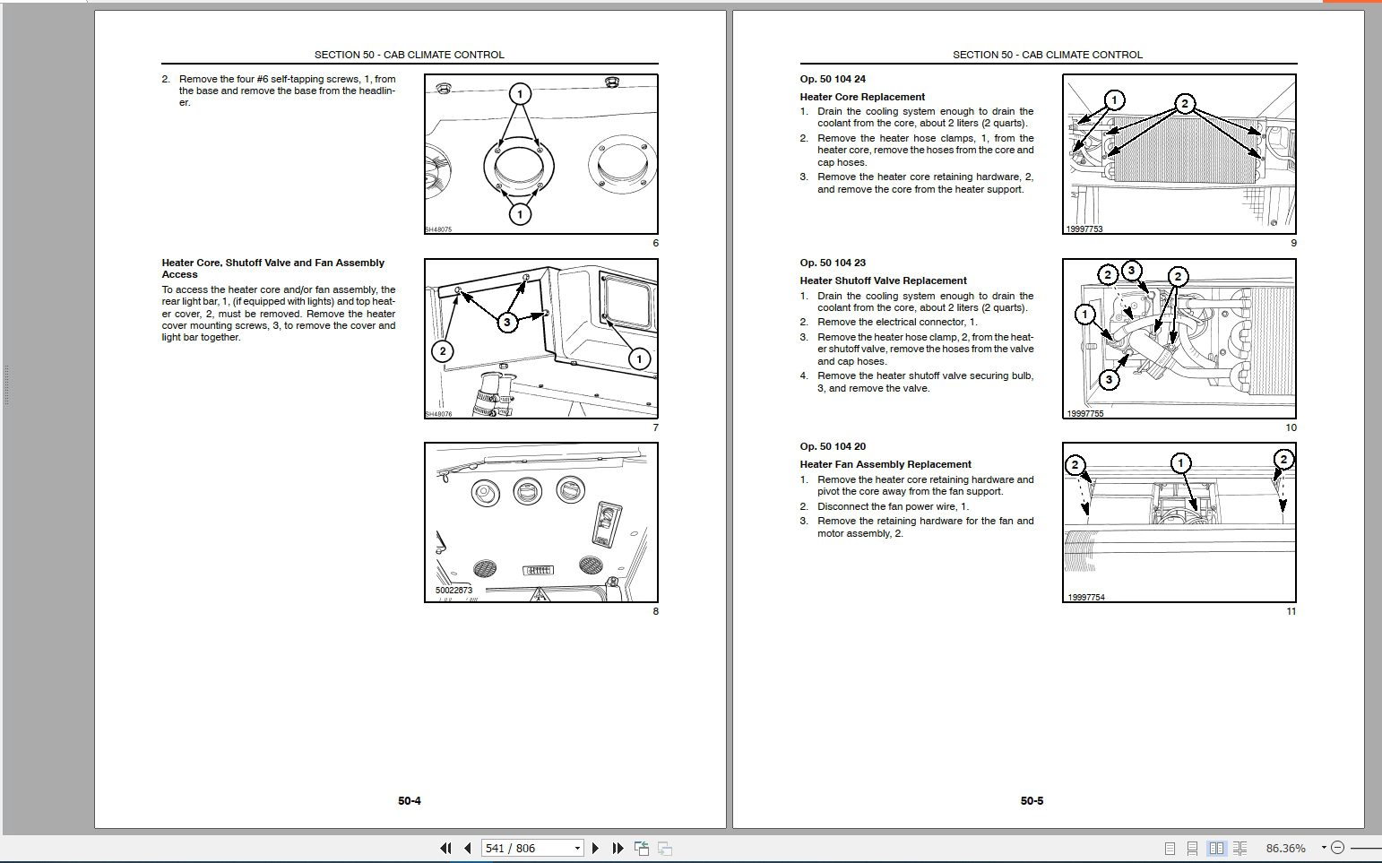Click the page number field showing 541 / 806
525,848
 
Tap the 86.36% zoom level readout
1285,848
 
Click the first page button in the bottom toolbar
445,848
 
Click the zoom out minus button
1337,848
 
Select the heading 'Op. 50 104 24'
833,79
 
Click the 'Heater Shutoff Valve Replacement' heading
883,280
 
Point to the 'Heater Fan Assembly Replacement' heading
885,464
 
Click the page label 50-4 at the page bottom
410,800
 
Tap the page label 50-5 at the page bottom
1032,800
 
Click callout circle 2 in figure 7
442,350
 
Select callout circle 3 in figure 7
507,322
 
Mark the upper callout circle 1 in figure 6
520,93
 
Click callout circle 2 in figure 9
1184,104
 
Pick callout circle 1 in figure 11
1181,463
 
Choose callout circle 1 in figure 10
1085,314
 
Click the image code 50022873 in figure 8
453,591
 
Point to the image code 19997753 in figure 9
1084,229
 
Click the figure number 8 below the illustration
655,611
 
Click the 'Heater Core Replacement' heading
862,97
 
